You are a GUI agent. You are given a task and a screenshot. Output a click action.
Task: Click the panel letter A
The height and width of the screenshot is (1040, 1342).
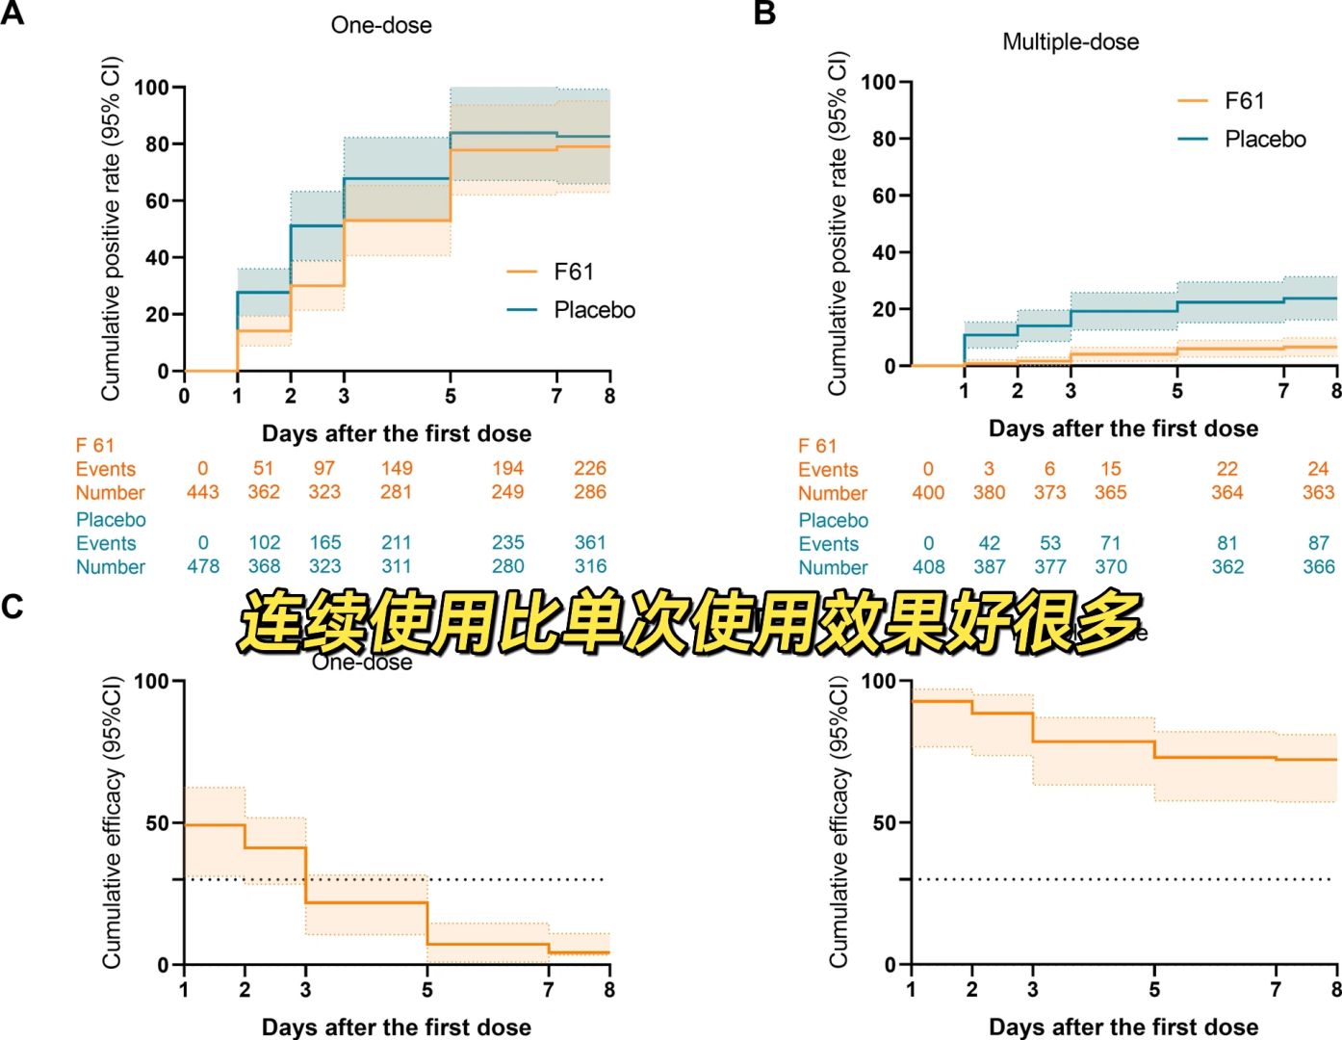click(13, 14)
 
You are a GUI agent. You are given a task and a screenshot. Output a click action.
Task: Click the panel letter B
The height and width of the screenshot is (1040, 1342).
click(764, 14)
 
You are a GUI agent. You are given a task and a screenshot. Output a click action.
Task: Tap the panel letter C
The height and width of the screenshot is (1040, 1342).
click(13, 608)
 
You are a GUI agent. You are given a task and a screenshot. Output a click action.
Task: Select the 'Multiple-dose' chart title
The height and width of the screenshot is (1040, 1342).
click(1071, 42)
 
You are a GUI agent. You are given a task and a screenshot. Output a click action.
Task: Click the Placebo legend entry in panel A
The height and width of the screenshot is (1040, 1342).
click(593, 310)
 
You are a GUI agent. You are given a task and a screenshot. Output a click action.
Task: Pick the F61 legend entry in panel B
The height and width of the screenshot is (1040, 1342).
click(1244, 101)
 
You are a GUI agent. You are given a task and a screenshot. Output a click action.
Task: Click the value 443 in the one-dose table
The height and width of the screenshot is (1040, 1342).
click(202, 492)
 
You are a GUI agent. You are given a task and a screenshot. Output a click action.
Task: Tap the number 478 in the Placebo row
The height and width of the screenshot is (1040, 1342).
click(202, 566)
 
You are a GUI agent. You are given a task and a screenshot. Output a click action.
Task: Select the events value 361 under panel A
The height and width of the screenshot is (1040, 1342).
click(589, 543)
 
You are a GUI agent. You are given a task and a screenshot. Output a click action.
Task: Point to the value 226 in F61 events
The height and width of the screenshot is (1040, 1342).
click(589, 469)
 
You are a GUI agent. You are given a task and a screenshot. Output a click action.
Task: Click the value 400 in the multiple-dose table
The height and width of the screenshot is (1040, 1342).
click(928, 493)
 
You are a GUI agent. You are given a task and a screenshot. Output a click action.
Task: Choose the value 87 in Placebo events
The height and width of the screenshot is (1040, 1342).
click(1318, 544)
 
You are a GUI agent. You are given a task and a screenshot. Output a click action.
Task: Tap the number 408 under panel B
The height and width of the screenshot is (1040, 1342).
click(928, 567)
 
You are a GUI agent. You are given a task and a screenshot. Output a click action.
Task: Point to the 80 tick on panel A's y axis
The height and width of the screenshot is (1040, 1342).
click(151, 144)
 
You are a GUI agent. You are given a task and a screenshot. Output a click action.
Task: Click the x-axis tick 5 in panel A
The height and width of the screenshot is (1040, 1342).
click(451, 396)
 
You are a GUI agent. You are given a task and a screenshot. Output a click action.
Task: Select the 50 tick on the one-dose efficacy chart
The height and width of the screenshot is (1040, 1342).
click(156, 823)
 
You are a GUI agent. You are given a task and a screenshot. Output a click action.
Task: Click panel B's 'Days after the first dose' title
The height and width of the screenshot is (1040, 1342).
click(1123, 429)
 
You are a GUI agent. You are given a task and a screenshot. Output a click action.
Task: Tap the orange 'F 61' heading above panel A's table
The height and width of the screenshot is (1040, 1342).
click(95, 446)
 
